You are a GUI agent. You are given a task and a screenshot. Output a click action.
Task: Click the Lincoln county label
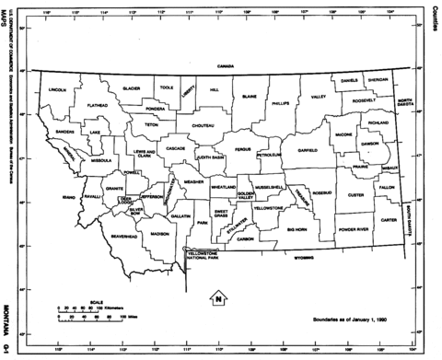(57, 90)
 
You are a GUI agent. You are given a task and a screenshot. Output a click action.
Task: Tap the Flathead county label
(98, 106)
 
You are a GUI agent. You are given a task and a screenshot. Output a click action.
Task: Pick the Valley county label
(319, 97)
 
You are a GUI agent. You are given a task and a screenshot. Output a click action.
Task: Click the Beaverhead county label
(123, 237)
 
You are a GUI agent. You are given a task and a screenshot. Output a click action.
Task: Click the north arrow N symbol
(217, 297)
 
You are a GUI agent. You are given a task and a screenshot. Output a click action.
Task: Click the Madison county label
(159, 234)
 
